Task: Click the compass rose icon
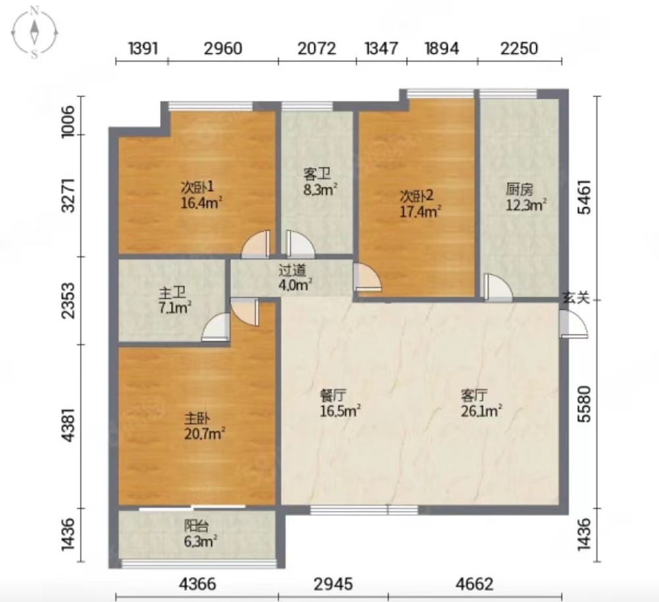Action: click(x=34, y=33)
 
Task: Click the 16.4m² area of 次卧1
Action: click(x=201, y=203)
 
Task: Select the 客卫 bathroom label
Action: click(x=317, y=174)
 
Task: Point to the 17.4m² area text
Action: click(x=420, y=211)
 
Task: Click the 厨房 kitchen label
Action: click(x=519, y=190)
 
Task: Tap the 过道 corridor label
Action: click(x=292, y=270)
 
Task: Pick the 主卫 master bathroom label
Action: click(x=172, y=292)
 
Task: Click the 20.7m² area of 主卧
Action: click(x=205, y=433)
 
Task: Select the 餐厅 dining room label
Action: click(x=333, y=395)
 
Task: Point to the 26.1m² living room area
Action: click(x=482, y=411)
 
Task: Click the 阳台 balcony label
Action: click(x=197, y=525)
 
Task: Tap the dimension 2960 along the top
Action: click(x=223, y=49)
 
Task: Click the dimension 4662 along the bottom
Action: click(x=475, y=584)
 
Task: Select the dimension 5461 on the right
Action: click(x=584, y=197)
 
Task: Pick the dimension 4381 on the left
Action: click(x=68, y=425)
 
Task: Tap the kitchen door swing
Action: click(x=498, y=288)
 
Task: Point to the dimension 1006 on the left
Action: click(x=68, y=121)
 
